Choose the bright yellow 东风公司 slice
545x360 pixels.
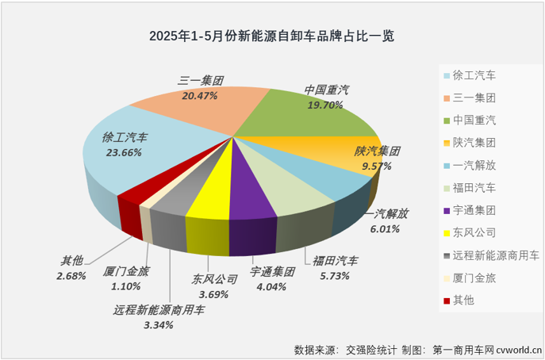213,194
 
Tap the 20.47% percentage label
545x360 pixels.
200,95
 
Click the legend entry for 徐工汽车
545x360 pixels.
475,77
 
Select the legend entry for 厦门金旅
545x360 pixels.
475,278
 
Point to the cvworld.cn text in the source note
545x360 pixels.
517,349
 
